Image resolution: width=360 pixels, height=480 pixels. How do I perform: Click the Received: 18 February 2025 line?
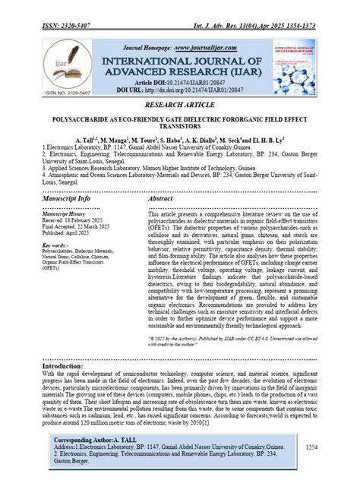click(75, 221)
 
